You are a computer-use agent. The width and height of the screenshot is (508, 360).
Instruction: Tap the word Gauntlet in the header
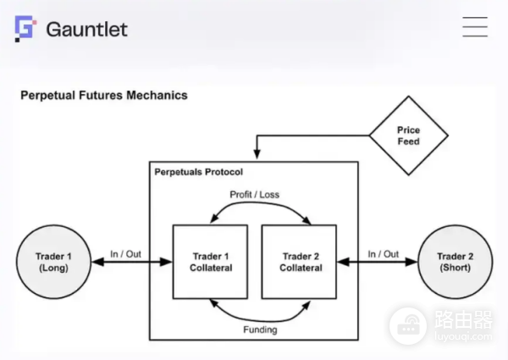coord(86,29)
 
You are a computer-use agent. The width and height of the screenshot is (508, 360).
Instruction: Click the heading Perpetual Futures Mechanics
coord(103,96)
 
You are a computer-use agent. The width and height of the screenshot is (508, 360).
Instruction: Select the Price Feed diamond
coord(409,136)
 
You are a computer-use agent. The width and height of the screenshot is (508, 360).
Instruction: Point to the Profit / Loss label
coord(254,194)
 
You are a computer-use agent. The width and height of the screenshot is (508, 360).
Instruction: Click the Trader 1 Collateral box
coord(210,262)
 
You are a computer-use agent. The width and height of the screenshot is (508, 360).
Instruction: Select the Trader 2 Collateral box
coord(299,262)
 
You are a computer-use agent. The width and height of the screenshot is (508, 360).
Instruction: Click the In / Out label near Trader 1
coord(124,253)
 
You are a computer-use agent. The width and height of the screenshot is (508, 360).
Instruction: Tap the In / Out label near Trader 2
coord(383,253)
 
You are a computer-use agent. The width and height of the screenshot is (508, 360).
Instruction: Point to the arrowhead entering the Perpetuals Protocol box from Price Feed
coord(256,154)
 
